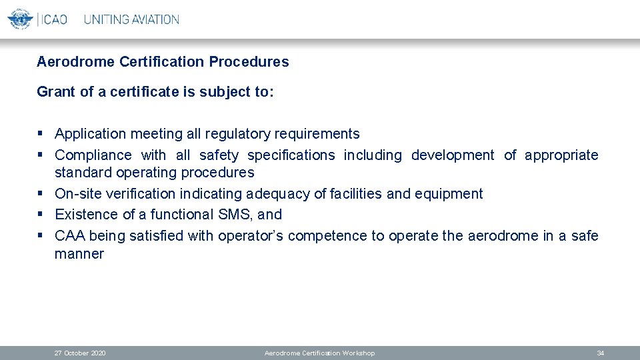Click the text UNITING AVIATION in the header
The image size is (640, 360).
131,19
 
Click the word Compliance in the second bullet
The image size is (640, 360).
93,155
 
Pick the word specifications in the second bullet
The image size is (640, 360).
291,155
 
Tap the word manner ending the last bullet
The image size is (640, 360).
79,254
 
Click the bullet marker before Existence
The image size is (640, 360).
41,215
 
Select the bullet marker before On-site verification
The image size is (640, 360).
41,194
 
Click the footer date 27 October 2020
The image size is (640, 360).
80,353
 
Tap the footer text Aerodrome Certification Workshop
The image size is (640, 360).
320,353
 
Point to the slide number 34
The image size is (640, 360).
601,353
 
